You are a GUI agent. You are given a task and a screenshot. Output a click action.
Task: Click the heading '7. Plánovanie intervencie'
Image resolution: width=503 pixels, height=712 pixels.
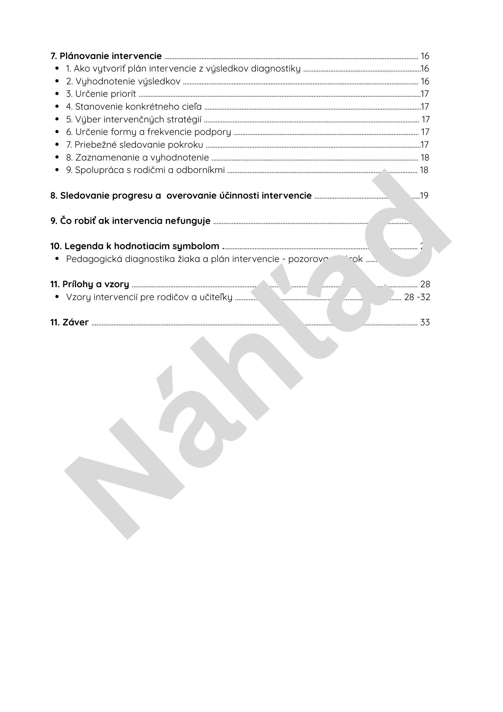[x=106, y=56]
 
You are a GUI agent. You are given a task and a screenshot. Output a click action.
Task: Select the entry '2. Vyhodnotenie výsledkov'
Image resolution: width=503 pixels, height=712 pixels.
[x=123, y=82]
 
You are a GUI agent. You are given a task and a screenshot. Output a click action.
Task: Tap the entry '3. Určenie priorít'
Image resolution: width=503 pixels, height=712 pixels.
[x=101, y=94]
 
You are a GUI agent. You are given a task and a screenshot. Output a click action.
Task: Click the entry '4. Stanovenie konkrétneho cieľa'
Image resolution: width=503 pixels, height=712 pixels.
[x=134, y=107]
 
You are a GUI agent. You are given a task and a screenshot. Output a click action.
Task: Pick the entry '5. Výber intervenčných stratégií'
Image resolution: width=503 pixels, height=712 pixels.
[x=134, y=120]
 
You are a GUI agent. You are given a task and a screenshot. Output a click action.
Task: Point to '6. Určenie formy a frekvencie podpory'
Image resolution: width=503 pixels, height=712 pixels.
[x=148, y=132]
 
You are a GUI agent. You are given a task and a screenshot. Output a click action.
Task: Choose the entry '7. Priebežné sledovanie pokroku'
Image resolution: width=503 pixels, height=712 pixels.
[x=134, y=145]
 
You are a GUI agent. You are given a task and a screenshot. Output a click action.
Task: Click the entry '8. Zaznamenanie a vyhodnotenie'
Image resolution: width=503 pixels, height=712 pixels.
[x=137, y=158]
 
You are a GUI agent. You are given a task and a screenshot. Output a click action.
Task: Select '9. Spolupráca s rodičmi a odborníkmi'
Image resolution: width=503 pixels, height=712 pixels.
[x=145, y=170]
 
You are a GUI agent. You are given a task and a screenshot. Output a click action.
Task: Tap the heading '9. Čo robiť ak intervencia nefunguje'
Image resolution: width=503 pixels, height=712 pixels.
[x=130, y=221]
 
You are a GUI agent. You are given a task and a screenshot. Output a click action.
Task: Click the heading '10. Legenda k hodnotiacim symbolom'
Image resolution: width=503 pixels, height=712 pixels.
[x=134, y=246]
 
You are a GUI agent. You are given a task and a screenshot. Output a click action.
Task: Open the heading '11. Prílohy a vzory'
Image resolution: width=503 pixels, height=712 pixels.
[x=89, y=284]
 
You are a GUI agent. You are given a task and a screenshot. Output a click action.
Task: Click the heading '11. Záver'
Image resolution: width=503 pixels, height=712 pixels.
[x=69, y=323]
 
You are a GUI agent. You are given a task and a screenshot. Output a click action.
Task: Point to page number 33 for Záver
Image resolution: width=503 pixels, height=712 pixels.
[x=425, y=323]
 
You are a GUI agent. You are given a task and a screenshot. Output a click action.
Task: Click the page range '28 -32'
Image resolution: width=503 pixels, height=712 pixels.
[x=417, y=297]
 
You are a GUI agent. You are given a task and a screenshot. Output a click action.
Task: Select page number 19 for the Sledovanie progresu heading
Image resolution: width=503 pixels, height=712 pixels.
[x=424, y=196]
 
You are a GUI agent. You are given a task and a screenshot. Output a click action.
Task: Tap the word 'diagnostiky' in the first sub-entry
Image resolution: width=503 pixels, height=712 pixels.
[x=276, y=69]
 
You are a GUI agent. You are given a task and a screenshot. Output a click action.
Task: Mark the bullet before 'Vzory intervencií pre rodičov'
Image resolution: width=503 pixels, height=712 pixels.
[x=57, y=297]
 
